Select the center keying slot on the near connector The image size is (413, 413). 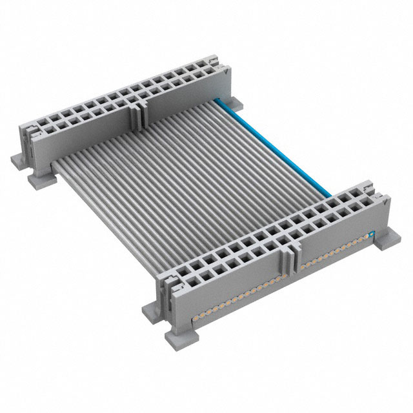pyautogui.click(x=288, y=261)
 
